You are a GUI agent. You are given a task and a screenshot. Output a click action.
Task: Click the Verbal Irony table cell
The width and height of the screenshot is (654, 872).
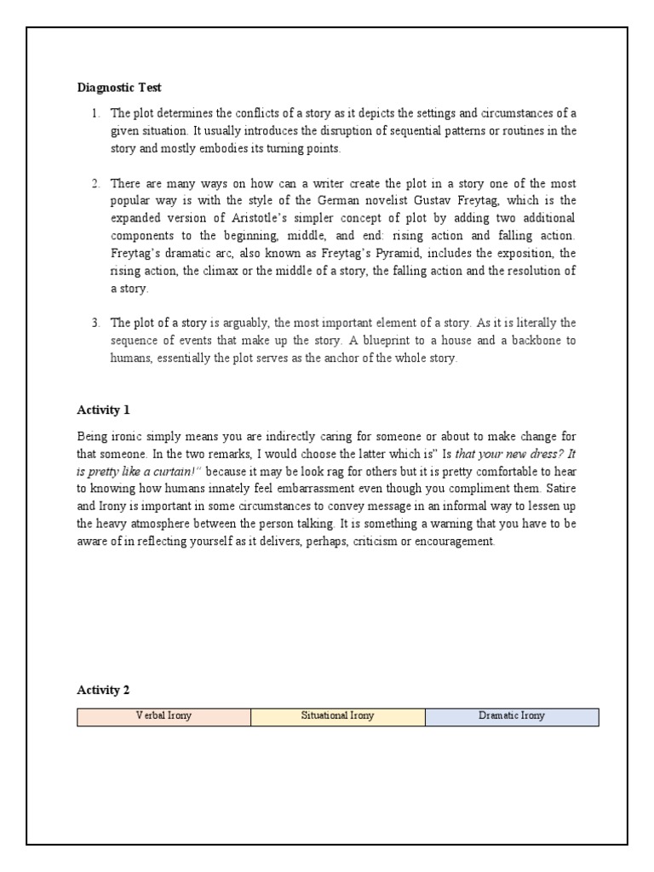click(x=163, y=716)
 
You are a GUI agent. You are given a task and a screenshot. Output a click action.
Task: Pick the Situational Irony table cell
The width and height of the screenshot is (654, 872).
click(x=337, y=716)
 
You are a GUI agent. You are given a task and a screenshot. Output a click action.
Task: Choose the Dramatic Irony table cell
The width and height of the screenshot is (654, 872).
click(x=511, y=716)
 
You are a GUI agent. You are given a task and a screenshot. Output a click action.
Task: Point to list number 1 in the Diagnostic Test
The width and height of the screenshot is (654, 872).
click(x=97, y=113)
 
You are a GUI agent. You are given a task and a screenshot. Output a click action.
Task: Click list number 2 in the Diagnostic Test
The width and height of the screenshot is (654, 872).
click(x=97, y=184)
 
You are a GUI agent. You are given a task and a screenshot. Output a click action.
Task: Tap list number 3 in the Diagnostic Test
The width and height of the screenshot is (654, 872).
click(x=97, y=323)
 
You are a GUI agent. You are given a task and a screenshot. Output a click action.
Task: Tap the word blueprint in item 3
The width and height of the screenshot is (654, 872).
click(x=467, y=341)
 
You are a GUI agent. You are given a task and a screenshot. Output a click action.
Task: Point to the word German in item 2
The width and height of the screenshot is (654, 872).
click(x=301, y=201)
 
